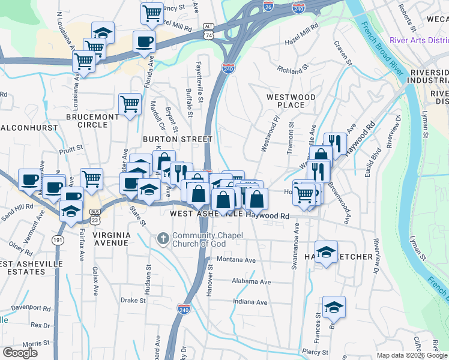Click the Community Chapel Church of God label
(206, 239)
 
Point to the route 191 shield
(58, 239)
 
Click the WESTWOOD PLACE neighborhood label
(291, 101)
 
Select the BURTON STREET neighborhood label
(177, 139)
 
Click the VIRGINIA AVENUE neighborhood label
(103, 239)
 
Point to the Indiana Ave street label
(250, 302)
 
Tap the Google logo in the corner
(20, 353)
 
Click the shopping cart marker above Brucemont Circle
(130, 104)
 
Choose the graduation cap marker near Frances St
(334, 307)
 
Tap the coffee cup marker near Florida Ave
(143, 42)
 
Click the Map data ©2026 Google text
(412, 355)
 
